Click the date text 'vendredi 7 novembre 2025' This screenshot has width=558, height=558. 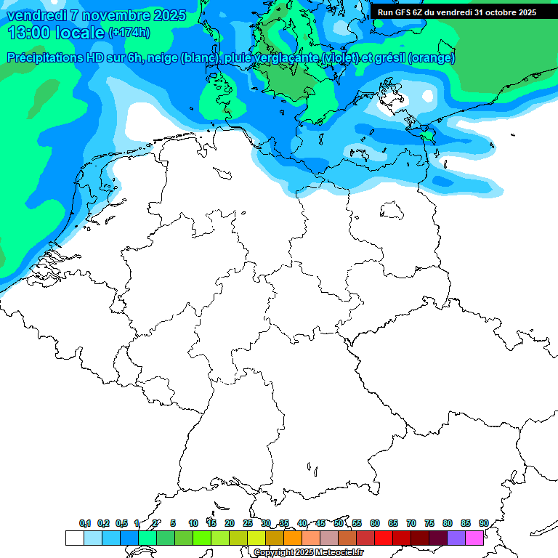coord(97,15)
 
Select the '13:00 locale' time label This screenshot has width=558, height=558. coord(57,33)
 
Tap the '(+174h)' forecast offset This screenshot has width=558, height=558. coord(129,33)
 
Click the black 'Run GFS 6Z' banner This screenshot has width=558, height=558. coord(456,12)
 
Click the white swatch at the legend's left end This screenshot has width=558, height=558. coord(74,538)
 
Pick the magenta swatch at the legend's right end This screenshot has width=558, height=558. coord(474,538)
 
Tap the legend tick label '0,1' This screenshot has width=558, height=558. coord(85,523)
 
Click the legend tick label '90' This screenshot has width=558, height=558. coord(483,523)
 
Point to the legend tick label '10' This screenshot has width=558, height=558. coord(193,523)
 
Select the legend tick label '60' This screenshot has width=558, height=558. coord(375,523)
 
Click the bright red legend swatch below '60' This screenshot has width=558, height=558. coord(384,538)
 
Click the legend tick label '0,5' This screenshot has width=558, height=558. coord(121,523)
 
